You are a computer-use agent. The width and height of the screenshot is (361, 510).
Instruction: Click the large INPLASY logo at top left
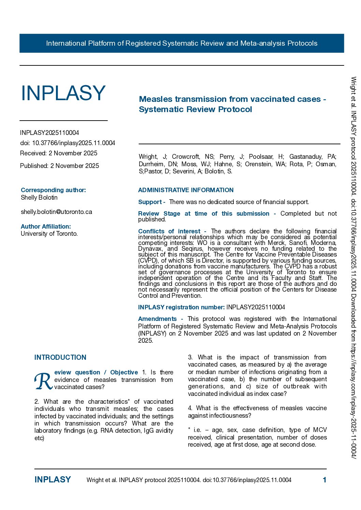tap(63, 93)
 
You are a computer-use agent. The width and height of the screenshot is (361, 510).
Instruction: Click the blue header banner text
tap(182, 43)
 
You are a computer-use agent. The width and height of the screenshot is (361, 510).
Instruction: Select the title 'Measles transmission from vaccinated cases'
tap(232, 99)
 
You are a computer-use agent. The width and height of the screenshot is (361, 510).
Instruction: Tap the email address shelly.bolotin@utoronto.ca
tap(56, 212)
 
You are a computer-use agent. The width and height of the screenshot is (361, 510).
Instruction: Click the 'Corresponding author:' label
tap(53, 190)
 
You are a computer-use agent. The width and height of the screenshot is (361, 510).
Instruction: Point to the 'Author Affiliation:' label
tap(46, 227)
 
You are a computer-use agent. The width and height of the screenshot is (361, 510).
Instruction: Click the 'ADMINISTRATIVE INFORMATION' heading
tap(186, 190)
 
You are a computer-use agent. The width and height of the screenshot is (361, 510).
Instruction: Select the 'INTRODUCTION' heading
tap(60, 357)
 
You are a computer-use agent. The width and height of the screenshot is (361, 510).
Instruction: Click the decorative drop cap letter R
tap(43, 381)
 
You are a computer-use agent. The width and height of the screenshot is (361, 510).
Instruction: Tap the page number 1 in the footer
tap(324, 480)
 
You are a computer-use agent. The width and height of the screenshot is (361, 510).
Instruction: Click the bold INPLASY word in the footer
tap(53, 480)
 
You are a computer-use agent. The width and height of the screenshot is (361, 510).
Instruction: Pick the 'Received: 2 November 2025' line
tap(59, 153)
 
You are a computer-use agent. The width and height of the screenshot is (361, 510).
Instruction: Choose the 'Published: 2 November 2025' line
tap(59, 166)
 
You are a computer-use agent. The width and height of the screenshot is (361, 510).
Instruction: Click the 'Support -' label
tap(151, 202)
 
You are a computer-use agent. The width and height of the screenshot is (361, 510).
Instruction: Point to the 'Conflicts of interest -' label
tap(172, 231)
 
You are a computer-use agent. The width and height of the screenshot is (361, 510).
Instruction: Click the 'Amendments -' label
tap(160, 319)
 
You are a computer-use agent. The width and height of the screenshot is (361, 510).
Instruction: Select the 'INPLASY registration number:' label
tap(181, 307)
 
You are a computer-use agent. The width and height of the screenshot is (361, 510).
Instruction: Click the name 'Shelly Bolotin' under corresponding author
tap(39, 198)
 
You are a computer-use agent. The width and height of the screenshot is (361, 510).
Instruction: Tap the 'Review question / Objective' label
tap(96, 372)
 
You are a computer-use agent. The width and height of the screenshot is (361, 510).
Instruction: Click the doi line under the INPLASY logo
tap(68, 143)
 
